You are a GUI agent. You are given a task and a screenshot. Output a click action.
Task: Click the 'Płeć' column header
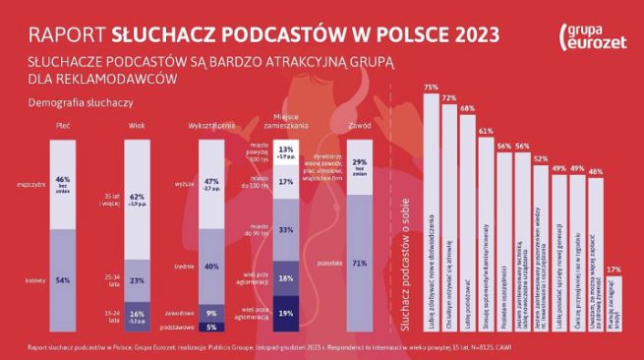point(64,127)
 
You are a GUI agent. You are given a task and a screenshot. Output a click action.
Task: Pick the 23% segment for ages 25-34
point(138,280)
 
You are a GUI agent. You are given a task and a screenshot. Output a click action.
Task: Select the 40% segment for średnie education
point(210,266)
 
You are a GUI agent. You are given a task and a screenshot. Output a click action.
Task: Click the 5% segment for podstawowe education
point(210,327)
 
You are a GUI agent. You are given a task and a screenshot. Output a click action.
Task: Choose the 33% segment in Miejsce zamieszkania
point(286,229)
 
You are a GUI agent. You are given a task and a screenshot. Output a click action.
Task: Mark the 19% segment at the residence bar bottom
point(286,314)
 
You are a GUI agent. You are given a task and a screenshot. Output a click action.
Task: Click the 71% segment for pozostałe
point(359,263)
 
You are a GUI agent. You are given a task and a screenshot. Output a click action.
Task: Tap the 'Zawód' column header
point(359,127)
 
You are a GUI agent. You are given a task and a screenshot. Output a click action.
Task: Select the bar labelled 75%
point(430,211)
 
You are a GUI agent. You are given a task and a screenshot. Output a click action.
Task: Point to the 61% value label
point(485,130)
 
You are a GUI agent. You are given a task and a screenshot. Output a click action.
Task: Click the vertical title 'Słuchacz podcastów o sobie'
point(404,236)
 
